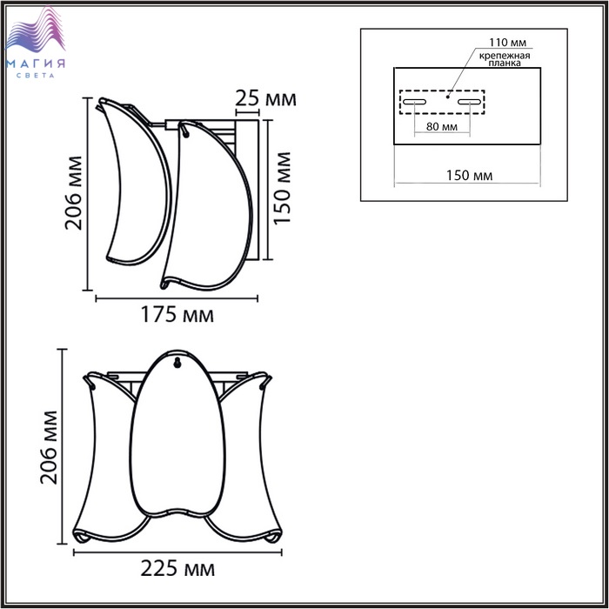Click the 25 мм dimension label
point(265,98)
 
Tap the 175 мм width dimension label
point(177,315)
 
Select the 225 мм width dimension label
point(177,569)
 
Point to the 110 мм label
point(507,43)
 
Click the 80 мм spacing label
point(442,127)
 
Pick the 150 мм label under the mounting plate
point(469,176)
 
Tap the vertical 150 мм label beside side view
point(283,189)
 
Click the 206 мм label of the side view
point(74,193)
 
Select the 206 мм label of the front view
point(49,447)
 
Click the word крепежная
point(504,56)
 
